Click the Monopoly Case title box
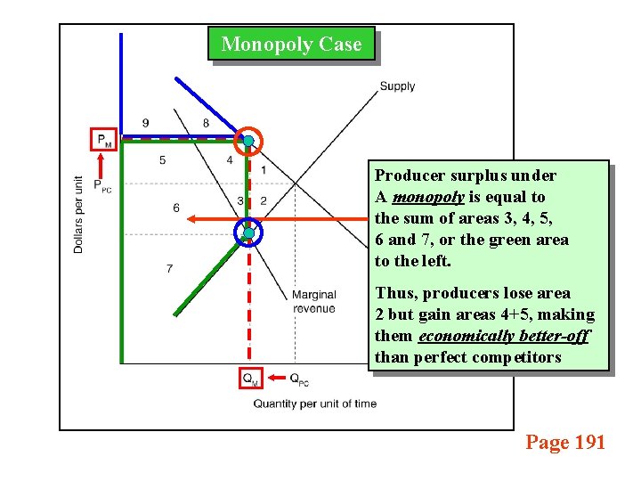pyautogui.click(x=291, y=45)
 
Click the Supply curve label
pyautogui.click(x=397, y=86)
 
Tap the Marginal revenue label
pyautogui.click(x=313, y=302)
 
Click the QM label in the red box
pyautogui.click(x=251, y=379)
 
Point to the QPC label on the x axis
pyautogui.click(x=299, y=379)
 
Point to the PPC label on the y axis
pyautogui.click(x=104, y=186)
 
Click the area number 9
pyautogui.click(x=145, y=123)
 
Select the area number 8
pyautogui.click(x=206, y=123)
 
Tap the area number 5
pyautogui.click(x=162, y=160)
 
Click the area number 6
pyautogui.click(x=176, y=208)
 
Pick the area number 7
pyautogui.click(x=169, y=268)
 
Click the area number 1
pyautogui.click(x=263, y=170)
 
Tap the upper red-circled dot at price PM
pyautogui.click(x=248, y=141)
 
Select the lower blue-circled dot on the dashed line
pyautogui.click(x=248, y=232)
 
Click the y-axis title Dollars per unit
pyautogui.click(x=79, y=214)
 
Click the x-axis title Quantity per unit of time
pyautogui.click(x=314, y=404)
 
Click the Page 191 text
pyautogui.click(x=564, y=442)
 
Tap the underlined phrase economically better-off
pyautogui.click(x=503, y=336)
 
